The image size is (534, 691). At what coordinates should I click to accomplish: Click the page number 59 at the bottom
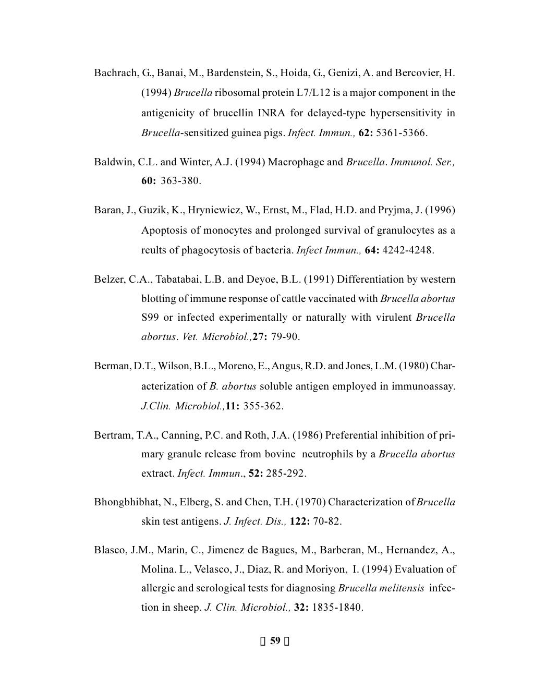[275, 641]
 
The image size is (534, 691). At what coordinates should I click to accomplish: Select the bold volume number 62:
[366, 132]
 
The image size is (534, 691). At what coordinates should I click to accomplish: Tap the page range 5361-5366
[401, 132]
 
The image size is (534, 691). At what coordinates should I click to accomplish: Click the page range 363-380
[180, 181]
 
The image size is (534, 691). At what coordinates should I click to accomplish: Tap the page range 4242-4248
[407, 250]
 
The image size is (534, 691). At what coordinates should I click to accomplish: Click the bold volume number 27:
[260, 337]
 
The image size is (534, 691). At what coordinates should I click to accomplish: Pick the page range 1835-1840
[337, 608]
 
